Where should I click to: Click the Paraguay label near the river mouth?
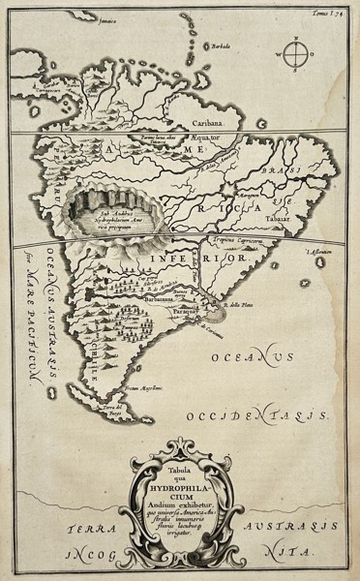(x=195, y=314)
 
